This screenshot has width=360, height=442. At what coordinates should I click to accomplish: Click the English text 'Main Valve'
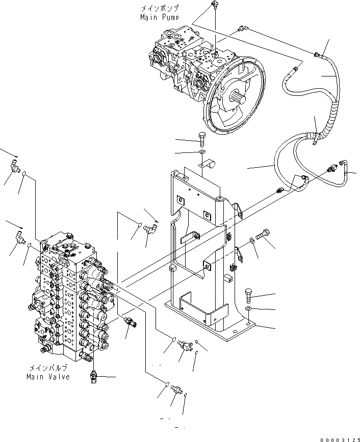[x=48, y=377]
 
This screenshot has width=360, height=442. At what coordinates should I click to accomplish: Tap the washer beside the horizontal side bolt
[x=252, y=241]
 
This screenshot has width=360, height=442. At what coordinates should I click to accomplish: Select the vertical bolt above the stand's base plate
[x=248, y=294]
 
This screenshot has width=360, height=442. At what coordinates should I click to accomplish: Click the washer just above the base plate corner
[x=248, y=309]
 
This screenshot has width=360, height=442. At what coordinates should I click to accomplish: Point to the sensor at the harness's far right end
[x=336, y=168]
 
